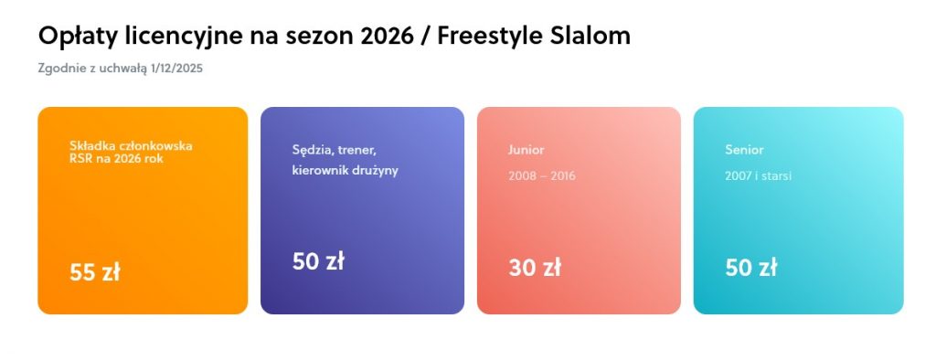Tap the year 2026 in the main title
tap(388, 36)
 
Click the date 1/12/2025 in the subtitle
tap(177, 69)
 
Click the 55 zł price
tap(94, 272)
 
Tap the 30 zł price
tap(534, 268)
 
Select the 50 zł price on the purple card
tap(318, 261)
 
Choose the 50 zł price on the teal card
tap(751, 268)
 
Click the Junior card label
tap(526, 150)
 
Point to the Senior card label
tap(744, 150)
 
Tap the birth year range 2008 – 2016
tap(542, 176)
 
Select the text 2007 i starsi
tap(758, 176)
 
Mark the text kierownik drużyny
tap(345, 171)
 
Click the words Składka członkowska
tap(131, 145)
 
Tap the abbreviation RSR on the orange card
tap(80, 159)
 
